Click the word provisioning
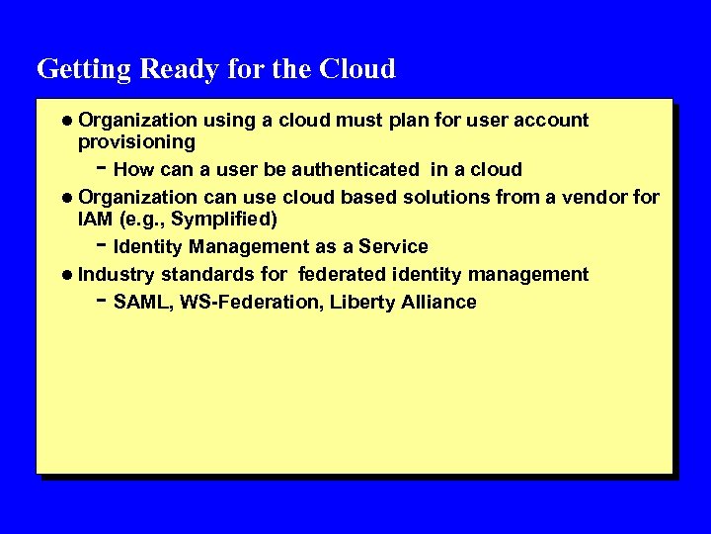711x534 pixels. [x=136, y=142]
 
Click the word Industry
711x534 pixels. [x=117, y=274]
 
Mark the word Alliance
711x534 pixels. [x=438, y=303]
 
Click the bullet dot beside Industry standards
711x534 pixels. [x=67, y=275]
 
